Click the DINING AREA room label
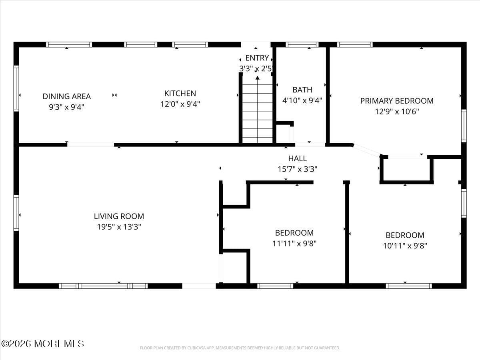(67, 96)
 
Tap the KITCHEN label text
(180, 93)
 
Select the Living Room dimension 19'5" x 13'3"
(119, 227)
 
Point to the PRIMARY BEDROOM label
(397, 101)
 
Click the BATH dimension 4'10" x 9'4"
(302, 101)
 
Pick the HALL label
(297, 159)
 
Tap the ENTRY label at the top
(257, 58)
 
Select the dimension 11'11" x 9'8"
(294, 243)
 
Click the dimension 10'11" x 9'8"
(405, 246)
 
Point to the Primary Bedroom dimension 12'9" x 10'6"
(397, 112)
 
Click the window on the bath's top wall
(302, 44)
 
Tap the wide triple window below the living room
(103, 286)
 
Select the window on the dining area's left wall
(16, 88)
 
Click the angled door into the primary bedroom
(366, 150)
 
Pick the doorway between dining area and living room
(90, 144)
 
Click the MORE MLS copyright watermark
(42, 344)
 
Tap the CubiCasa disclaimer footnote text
(240, 348)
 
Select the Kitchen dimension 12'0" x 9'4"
(180, 104)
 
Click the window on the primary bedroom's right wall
(464, 126)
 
